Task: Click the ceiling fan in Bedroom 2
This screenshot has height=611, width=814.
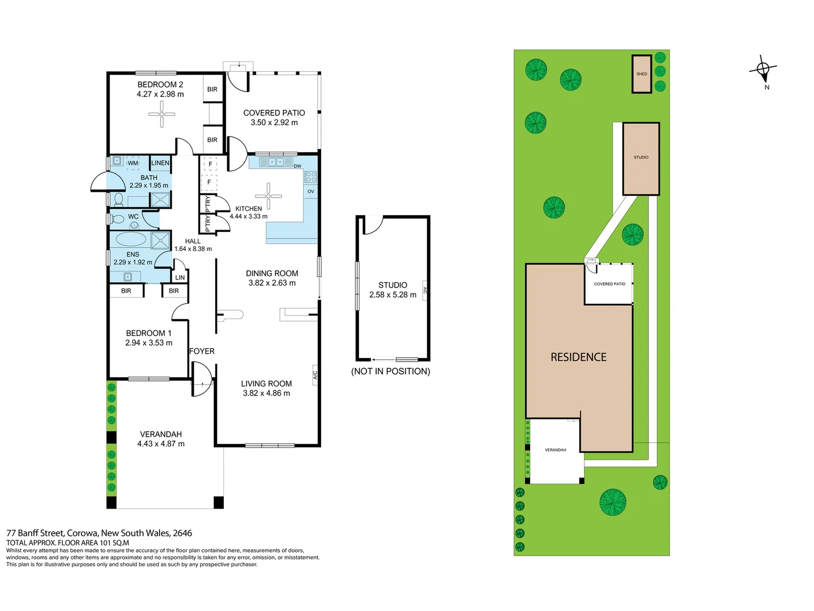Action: (x=162, y=114)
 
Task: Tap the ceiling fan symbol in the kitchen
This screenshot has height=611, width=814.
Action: (x=268, y=196)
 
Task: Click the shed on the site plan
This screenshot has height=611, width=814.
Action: (x=642, y=74)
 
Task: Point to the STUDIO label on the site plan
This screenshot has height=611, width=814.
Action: (x=641, y=157)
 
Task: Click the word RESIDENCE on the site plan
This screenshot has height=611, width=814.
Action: (x=578, y=357)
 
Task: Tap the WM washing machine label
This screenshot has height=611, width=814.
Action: (x=133, y=163)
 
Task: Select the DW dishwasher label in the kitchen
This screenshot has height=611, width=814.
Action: (x=297, y=166)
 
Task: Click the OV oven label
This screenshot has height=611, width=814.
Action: (x=310, y=191)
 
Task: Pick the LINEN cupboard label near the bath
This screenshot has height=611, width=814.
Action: (x=160, y=163)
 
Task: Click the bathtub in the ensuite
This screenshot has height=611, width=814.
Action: (x=131, y=239)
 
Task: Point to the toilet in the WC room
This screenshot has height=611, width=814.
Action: (x=118, y=218)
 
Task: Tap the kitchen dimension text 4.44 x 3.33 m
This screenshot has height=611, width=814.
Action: (x=249, y=216)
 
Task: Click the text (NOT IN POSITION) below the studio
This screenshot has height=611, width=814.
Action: (x=391, y=371)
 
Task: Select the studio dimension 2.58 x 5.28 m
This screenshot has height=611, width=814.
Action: (x=393, y=295)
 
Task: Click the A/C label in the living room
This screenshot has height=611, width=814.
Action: (x=315, y=375)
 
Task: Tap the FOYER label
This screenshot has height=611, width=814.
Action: (x=202, y=351)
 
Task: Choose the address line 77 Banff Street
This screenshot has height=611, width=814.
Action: (x=99, y=533)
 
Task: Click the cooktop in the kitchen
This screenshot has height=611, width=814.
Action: (x=311, y=177)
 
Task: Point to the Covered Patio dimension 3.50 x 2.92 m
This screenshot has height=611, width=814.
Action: (x=274, y=122)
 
